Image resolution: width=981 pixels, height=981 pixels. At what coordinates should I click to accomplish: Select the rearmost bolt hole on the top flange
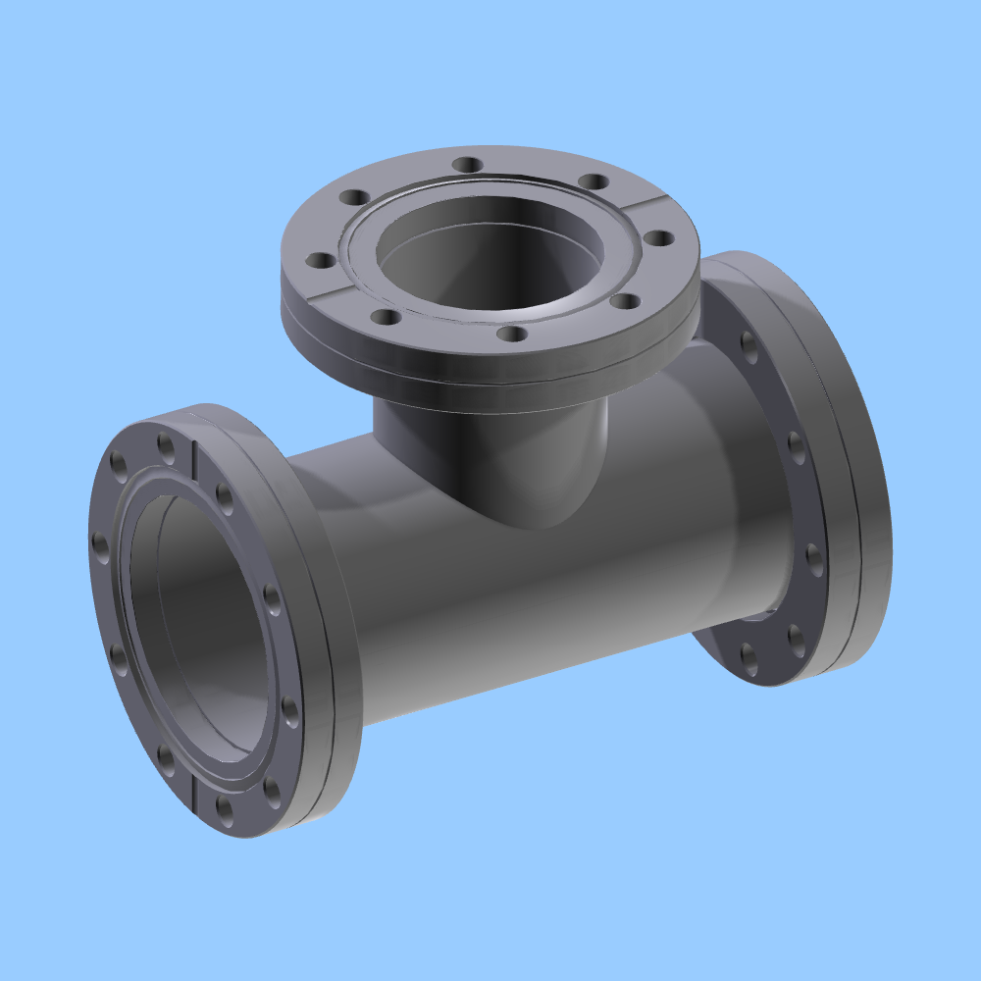[469, 164]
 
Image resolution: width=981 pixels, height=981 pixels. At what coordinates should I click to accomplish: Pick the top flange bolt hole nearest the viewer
[510, 335]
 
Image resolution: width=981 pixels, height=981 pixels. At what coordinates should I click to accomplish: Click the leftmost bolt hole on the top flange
[320, 261]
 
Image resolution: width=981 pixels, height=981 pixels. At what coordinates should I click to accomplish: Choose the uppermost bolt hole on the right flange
[749, 342]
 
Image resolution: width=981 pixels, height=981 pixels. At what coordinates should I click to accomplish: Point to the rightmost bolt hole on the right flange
[814, 557]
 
